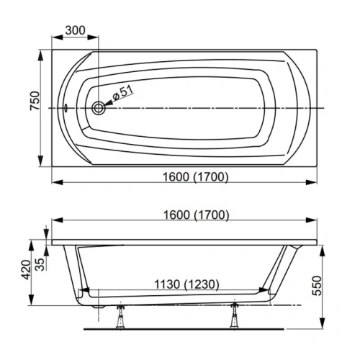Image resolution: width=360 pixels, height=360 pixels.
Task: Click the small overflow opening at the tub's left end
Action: (x=66, y=109)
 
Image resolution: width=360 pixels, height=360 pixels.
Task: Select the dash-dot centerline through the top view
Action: (x=216, y=108)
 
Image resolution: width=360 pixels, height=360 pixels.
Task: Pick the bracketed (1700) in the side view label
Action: (x=211, y=215)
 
